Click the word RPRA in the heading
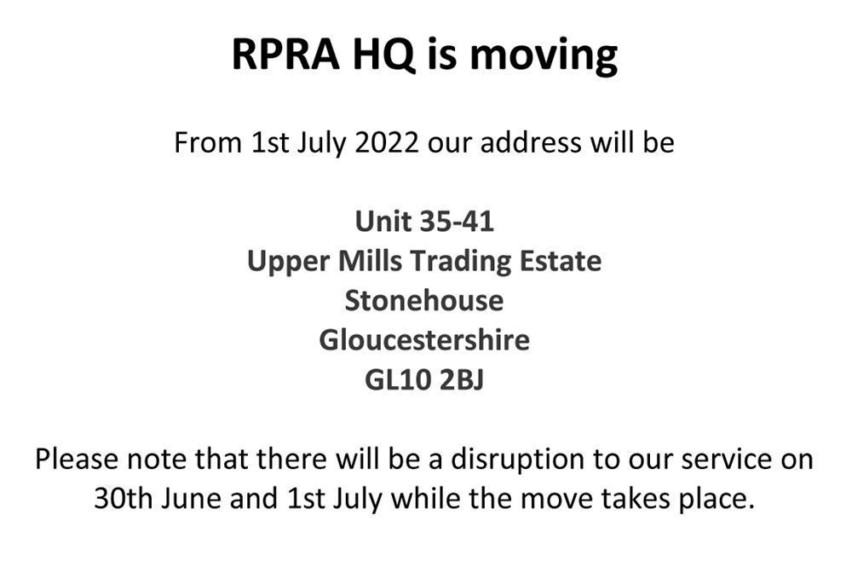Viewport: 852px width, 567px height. [285, 55]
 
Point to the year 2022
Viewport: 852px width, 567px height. [386, 142]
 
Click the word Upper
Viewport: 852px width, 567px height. [289, 263]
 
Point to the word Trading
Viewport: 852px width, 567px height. [461, 263]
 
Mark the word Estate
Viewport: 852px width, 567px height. [561, 261]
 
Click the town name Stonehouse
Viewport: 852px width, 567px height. [424, 301]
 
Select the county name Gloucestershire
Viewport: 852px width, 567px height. [424, 340]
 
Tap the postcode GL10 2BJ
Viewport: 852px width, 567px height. [424, 380]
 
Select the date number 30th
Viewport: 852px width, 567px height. [124, 499]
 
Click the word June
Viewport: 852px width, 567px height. [191, 499]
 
